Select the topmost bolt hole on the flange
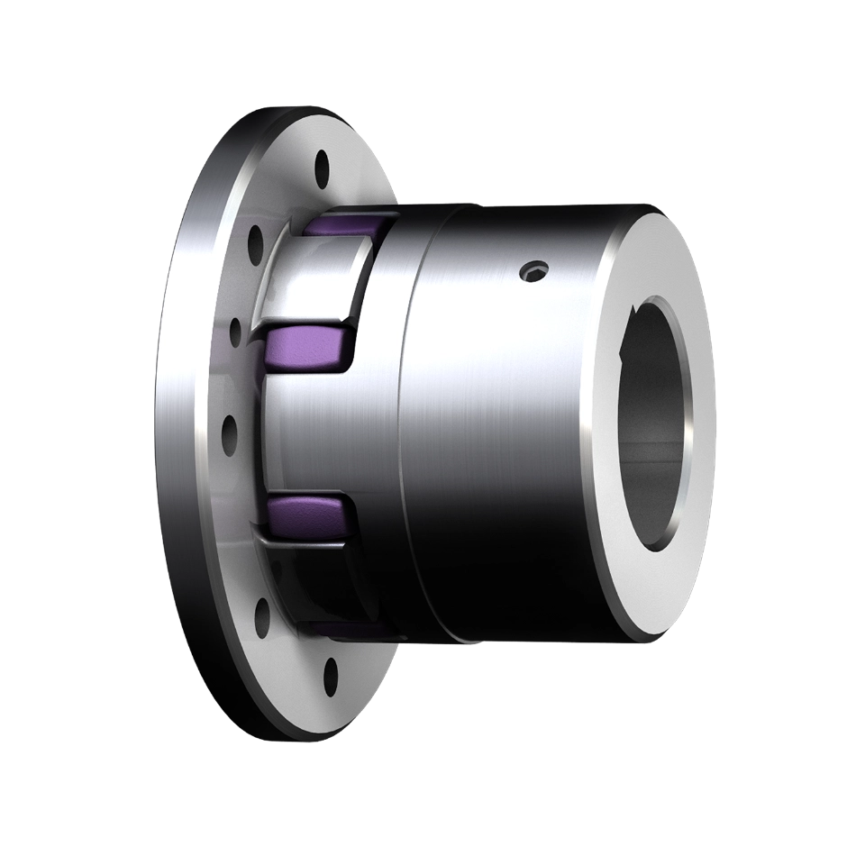click(x=320, y=168)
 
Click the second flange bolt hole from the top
click(x=255, y=239)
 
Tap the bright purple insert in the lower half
click(x=305, y=515)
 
